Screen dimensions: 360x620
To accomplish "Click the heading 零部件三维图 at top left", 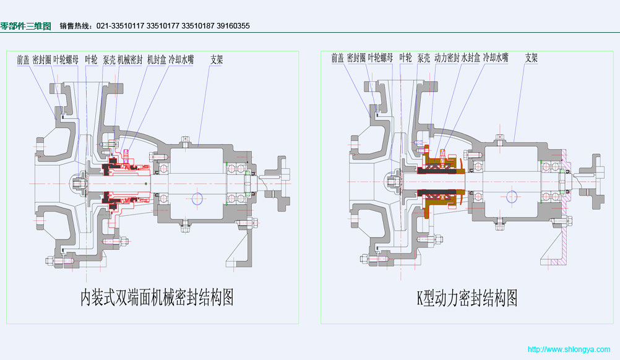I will pos(26,26).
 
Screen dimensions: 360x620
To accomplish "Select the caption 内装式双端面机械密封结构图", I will pos(157,298).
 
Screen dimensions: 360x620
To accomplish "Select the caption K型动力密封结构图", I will pos(467,298).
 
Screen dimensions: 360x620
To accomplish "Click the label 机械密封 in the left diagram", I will pos(130,60).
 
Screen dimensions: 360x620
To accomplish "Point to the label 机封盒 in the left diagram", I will pos(157,60).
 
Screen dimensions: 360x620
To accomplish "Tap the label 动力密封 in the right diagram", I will pos(447,58).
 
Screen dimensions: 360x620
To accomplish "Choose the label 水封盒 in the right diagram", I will pos(471,58).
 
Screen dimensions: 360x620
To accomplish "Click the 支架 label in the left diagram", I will pos(217,60).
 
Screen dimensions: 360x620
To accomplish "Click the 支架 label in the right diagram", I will pos(531,58).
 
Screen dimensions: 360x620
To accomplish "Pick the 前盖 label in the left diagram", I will pos(23,60).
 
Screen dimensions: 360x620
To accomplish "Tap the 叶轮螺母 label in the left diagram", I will pos(66,60).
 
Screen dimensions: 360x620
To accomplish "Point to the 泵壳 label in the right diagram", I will pos(424,58).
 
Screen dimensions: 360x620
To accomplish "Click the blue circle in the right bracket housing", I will pos(512,196).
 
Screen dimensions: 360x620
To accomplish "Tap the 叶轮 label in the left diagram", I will pos(91,60).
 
